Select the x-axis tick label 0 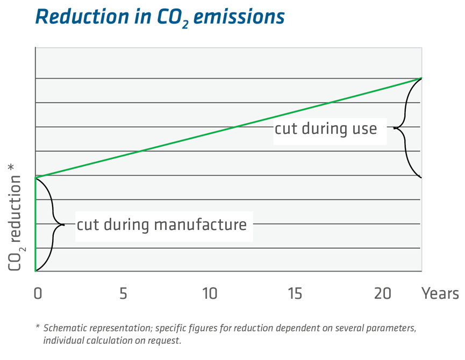point(38,294)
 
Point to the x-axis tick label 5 point(123,294)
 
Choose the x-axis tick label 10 point(209,294)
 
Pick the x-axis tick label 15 point(295,294)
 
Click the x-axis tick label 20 point(382,294)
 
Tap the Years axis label point(440,294)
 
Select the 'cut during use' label point(326,129)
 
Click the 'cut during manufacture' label point(161,224)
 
